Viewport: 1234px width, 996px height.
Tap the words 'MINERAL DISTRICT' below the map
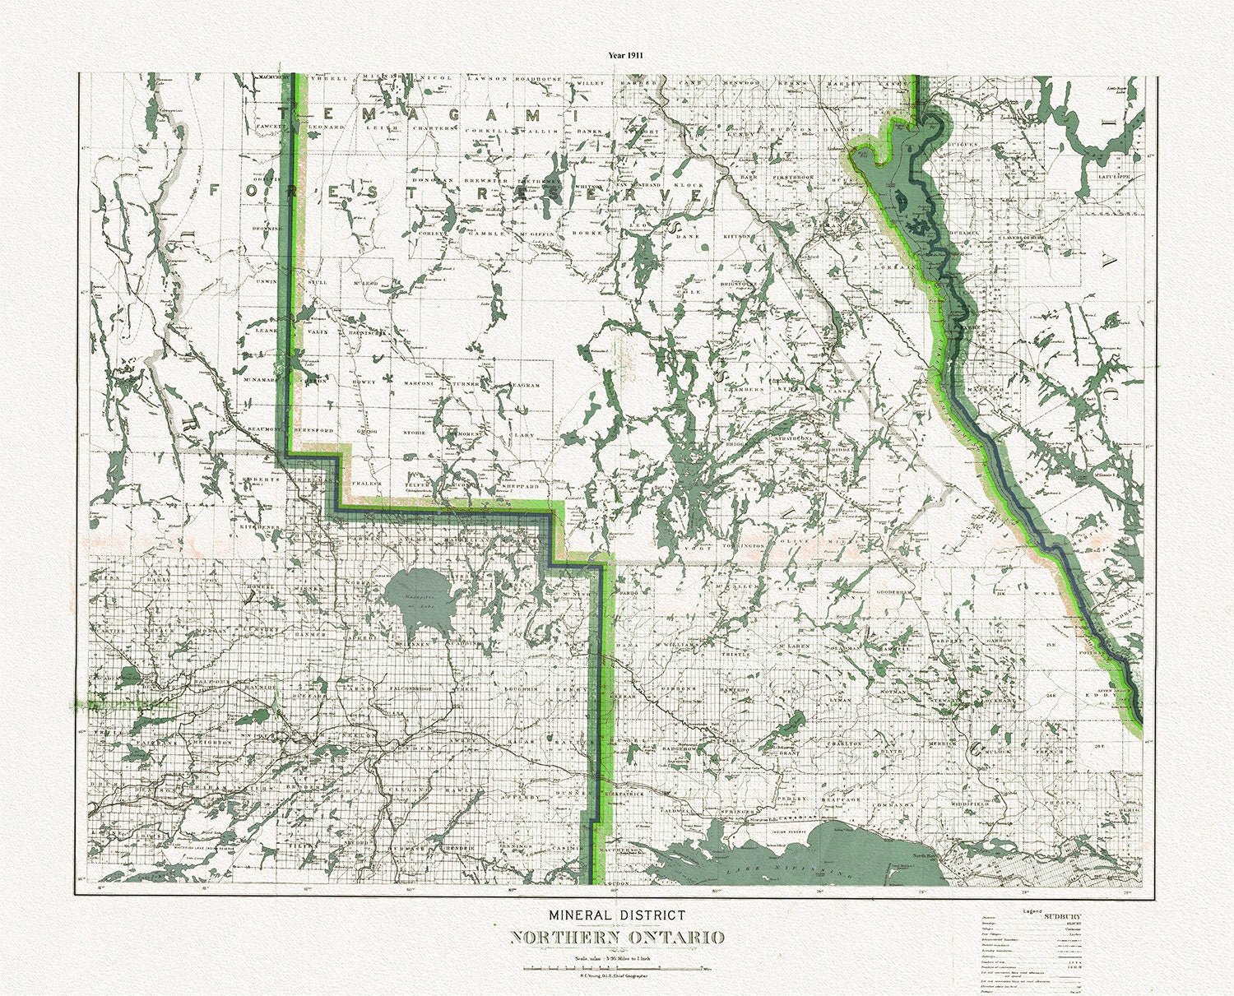click(x=617, y=914)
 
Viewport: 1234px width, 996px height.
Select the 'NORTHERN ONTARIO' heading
click(x=617, y=938)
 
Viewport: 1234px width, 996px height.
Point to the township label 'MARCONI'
click(x=418, y=383)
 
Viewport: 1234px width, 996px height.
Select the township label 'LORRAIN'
click(x=902, y=266)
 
